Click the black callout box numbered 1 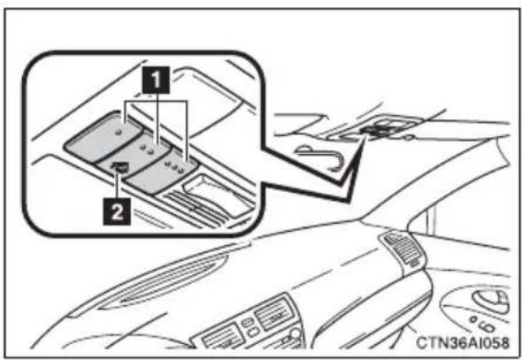click(x=156, y=80)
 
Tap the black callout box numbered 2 click(x=117, y=211)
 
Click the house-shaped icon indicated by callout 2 click(x=120, y=167)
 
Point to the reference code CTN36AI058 click(x=463, y=342)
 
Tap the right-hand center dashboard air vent click(x=273, y=314)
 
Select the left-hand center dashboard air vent click(x=221, y=337)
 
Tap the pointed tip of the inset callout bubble click(x=347, y=202)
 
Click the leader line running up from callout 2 click(x=117, y=186)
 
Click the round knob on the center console click(x=296, y=333)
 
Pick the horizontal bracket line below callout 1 click(x=156, y=101)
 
